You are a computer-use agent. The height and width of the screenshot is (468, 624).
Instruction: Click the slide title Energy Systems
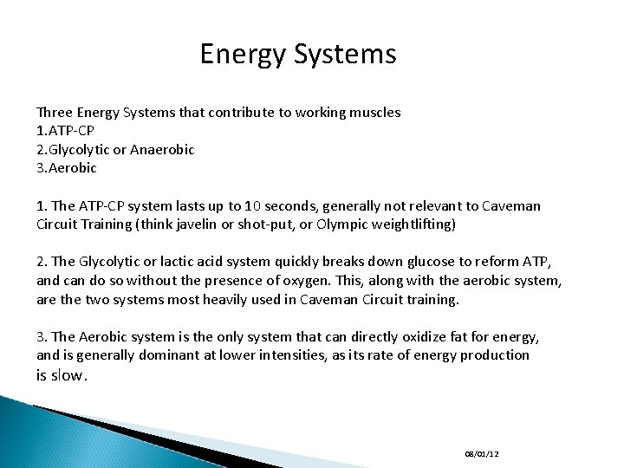(297, 55)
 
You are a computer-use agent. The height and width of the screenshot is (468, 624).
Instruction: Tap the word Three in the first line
(54, 113)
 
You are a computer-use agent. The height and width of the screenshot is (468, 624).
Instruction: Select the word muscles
(375, 113)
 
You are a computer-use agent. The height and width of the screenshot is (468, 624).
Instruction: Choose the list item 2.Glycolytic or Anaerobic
(115, 149)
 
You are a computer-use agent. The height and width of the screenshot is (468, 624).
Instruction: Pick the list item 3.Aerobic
(67, 167)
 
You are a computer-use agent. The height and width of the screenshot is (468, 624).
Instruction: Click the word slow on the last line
(68, 375)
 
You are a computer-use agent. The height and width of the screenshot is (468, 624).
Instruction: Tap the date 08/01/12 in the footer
(482, 453)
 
